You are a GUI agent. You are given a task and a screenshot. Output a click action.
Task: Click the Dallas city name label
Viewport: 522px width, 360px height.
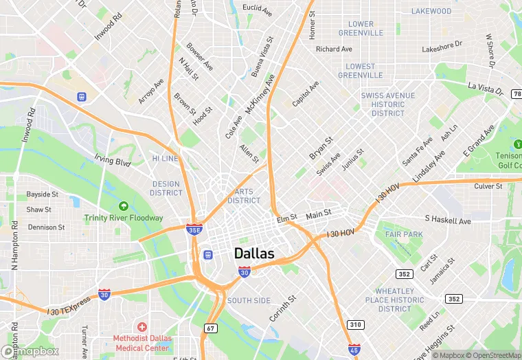click(254, 254)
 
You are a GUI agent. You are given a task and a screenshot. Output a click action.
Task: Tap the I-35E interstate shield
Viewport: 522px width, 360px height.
click(194, 229)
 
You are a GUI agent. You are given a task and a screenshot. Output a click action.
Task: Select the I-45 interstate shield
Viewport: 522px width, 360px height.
click(354, 350)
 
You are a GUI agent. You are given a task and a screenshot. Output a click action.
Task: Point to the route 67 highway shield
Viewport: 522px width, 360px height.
click(210, 328)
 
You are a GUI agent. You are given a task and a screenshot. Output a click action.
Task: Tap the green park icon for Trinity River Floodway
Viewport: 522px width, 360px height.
click(124, 205)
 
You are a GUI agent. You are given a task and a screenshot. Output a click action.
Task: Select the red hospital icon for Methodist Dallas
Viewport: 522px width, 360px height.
click(141, 327)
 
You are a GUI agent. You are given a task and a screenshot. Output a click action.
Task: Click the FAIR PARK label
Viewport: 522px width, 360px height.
click(404, 234)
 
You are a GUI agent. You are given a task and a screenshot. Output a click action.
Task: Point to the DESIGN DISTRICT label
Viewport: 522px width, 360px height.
click(166, 188)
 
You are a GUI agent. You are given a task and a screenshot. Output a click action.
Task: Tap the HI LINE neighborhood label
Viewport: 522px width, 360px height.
click(165, 159)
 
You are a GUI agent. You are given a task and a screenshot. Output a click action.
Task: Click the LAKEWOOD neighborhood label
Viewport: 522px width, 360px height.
click(431, 11)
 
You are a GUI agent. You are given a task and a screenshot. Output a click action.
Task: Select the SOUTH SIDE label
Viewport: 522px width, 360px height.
click(249, 301)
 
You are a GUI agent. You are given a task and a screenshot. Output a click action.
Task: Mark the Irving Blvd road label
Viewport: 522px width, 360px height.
click(112, 162)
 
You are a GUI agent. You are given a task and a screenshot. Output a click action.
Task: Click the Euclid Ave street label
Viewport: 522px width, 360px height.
click(258, 10)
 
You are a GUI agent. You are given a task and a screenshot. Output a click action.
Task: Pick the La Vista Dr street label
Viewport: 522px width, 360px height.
click(486, 88)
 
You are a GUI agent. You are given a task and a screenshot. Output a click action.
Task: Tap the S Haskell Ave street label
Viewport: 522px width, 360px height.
click(448, 221)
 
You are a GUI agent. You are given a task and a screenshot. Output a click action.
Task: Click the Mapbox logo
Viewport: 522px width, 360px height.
click(31, 350)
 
